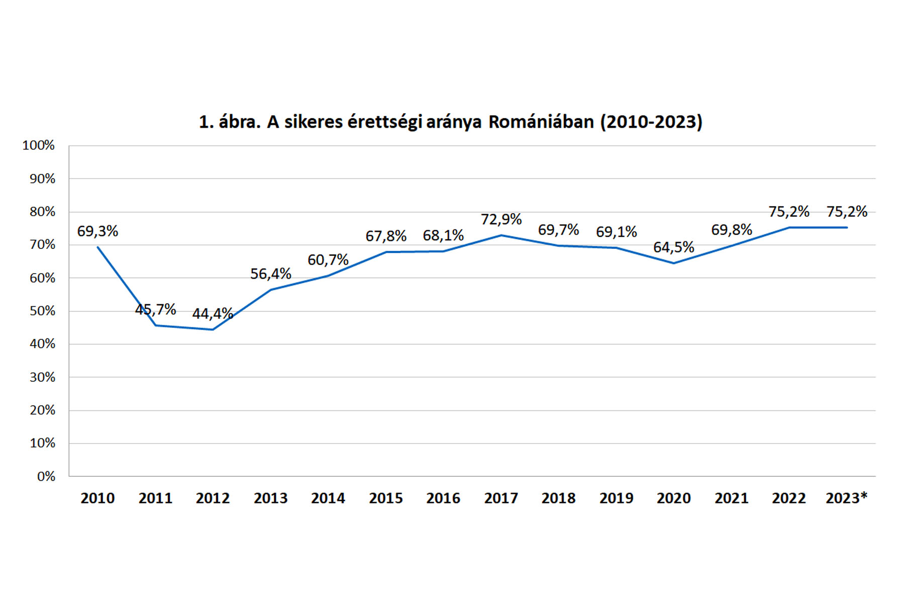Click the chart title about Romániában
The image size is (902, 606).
[x=450, y=122]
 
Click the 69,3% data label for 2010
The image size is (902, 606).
[x=97, y=231]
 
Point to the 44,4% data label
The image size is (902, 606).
[x=213, y=314]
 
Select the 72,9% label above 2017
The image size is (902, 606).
[x=501, y=219]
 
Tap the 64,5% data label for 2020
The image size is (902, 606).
[x=673, y=247]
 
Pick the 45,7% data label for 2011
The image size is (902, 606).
[x=155, y=309]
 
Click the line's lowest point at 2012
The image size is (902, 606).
[x=213, y=329]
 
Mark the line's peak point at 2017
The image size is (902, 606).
[x=501, y=235]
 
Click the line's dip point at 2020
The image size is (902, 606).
[x=674, y=263]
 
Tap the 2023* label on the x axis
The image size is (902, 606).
[x=846, y=498]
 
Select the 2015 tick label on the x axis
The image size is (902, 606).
[x=386, y=498]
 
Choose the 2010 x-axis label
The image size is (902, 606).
[x=97, y=498]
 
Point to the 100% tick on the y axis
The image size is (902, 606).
[x=39, y=145]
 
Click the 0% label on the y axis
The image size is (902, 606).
[x=46, y=476]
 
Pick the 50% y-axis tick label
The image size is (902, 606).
[x=42, y=311]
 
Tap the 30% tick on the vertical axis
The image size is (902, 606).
[x=42, y=377]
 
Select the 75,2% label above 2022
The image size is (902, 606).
[x=788, y=212]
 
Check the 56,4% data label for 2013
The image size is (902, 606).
[x=270, y=274]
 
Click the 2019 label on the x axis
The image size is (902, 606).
[x=616, y=498]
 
